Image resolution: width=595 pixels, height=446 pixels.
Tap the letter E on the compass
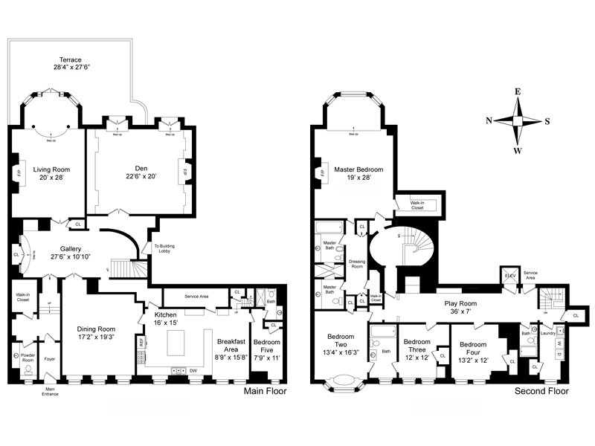[x=518, y=92]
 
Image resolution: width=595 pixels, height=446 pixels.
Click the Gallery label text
[x=65, y=248]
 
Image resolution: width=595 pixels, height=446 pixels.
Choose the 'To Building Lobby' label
[x=164, y=249]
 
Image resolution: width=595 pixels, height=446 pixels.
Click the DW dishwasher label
[x=193, y=369]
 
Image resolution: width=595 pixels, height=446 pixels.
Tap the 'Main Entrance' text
[x=51, y=391]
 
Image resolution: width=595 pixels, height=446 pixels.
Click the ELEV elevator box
[x=510, y=274]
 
